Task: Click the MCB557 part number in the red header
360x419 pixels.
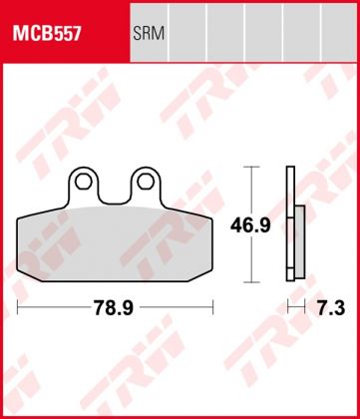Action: tap(47, 34)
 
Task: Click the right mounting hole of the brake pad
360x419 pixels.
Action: tap(148, 182)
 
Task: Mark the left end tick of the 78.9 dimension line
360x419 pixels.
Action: tap(17, 300)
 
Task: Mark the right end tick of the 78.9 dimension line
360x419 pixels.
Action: tap(212, 300)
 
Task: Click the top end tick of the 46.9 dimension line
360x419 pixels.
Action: tap(257, 168)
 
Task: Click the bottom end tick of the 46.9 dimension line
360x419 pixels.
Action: tap(257, 283)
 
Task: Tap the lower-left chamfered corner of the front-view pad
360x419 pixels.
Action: tap(24, 276)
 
